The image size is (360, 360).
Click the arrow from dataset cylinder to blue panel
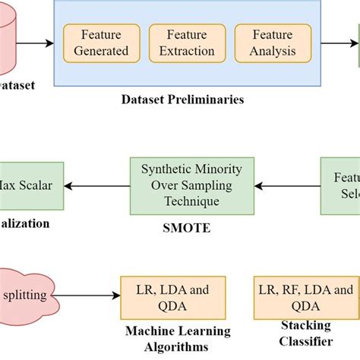(x=44, y=44)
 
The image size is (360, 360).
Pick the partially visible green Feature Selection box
(x=340, y=185)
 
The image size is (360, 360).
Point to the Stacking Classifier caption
(x=307, y=332)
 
